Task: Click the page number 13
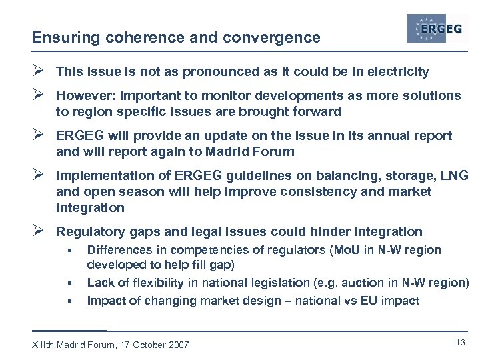460,343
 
